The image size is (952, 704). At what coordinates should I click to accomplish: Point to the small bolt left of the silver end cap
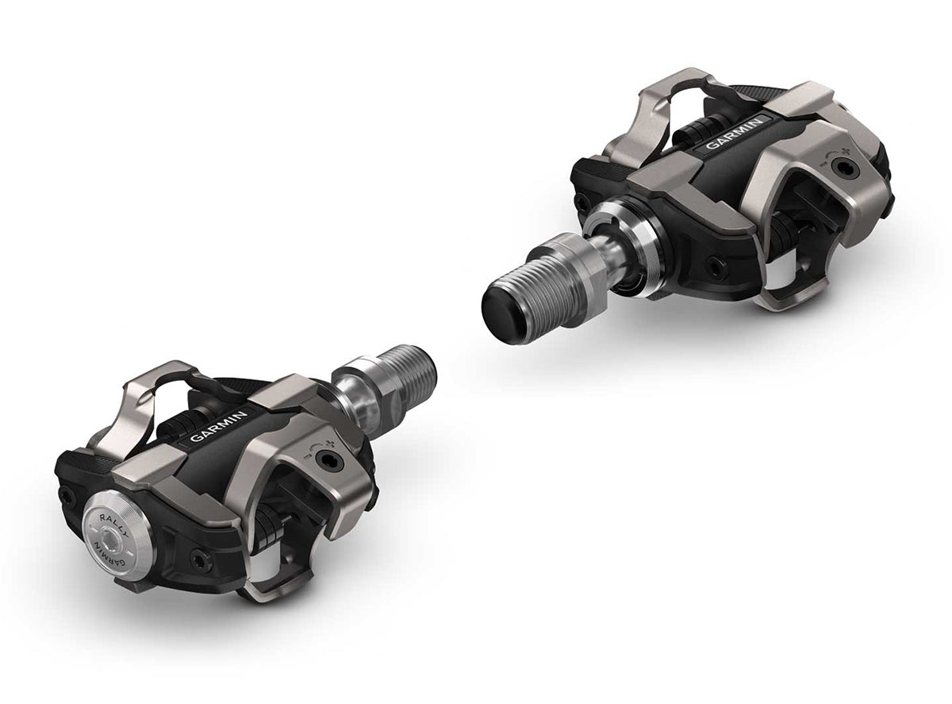(66, 495)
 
